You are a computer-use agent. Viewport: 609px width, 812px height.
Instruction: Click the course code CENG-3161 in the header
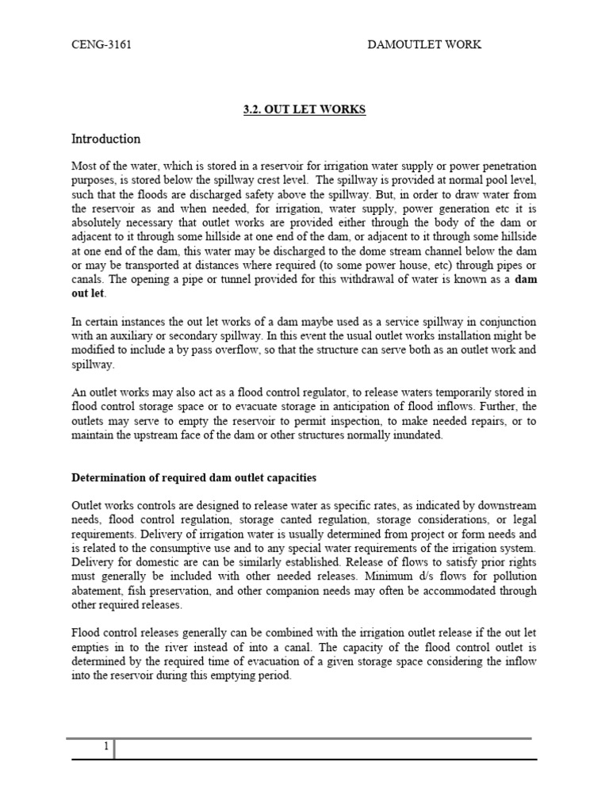[101, 44]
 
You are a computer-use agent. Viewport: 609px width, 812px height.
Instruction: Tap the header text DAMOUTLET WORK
[424, 44]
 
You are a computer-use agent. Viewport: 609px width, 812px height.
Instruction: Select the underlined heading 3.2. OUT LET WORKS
[304, 109]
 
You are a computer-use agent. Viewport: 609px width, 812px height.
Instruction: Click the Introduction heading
[106, 139]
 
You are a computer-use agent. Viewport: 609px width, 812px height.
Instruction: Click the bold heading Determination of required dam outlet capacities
[193, 477]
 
